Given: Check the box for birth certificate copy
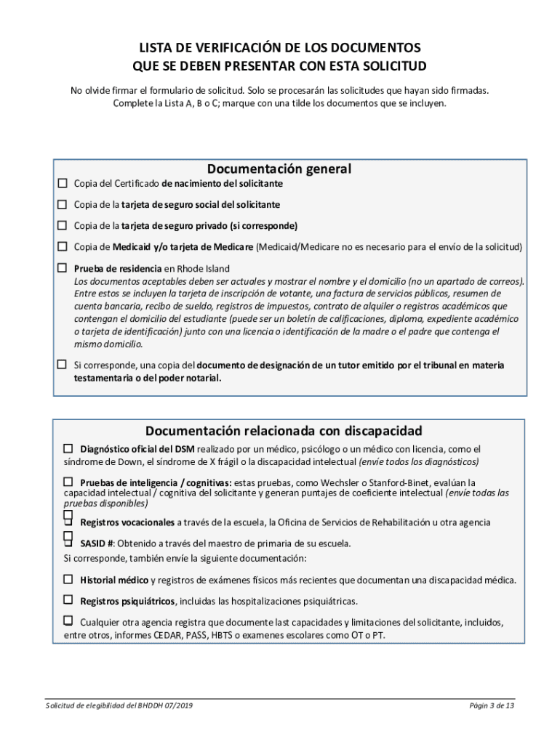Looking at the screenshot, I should click(x=63, y=183).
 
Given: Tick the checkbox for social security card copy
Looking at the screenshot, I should click(x=63, y=204).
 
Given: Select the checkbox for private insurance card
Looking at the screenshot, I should click(x=63, y=225).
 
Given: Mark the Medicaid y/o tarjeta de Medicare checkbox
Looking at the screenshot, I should click(x=63, y=246).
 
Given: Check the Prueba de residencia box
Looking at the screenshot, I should click(x=63, y=267).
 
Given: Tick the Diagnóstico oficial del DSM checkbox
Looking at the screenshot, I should click(x=68, y=448).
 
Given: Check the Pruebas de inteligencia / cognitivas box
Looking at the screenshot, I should click(x=68, y=482).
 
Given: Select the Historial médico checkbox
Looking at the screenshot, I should click(x=68, y=580).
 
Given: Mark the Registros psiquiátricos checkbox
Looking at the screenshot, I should click(x=68, y=600).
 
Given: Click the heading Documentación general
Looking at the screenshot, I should click(x=279, y=169).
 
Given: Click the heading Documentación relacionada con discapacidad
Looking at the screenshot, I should click(x=284, y=431).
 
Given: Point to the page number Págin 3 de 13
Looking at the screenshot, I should click(x=492, y=705).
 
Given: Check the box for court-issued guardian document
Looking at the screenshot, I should click(x=63, y=364).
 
